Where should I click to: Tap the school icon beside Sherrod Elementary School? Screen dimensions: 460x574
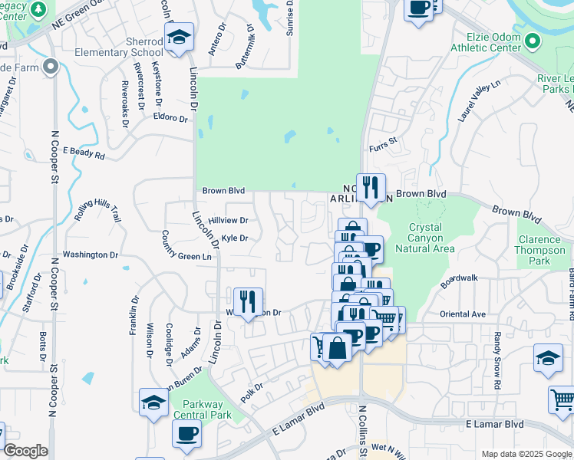click(x=179, y=37)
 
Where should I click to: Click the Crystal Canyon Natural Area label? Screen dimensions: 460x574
click(x=424, y=238)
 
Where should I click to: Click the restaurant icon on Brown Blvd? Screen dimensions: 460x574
click(x=371, y=188)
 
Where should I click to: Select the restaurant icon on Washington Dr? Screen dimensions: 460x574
click(x=248, y=302)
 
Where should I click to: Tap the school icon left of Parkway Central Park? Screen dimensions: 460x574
click(x=153, y=403)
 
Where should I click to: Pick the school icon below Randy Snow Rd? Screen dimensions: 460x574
click(x=548, y=359)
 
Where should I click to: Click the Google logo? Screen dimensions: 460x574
click(x=25, y=451)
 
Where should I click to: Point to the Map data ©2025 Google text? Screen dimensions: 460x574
click(x=526, y=454)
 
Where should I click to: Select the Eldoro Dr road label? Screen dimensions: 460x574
click(x=170, y=119)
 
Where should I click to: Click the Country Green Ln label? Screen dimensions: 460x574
click(x=185, y=256)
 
